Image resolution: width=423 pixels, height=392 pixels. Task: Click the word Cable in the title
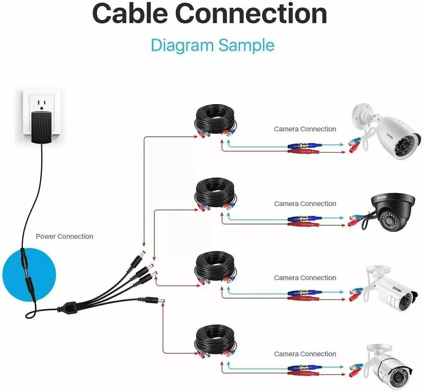pos(130,14)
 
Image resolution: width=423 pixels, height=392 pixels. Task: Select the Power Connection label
pos(64,236)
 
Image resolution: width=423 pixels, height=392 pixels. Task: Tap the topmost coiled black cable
pos(216,119)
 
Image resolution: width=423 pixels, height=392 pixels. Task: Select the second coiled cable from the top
pos(216,193)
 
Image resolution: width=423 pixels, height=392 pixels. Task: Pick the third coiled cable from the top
pos(216,267)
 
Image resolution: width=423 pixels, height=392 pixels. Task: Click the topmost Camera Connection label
pos(305,129)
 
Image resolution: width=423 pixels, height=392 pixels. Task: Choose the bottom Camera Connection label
pos(305,354)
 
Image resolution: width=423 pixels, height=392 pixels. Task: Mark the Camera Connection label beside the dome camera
pos(305,204)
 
